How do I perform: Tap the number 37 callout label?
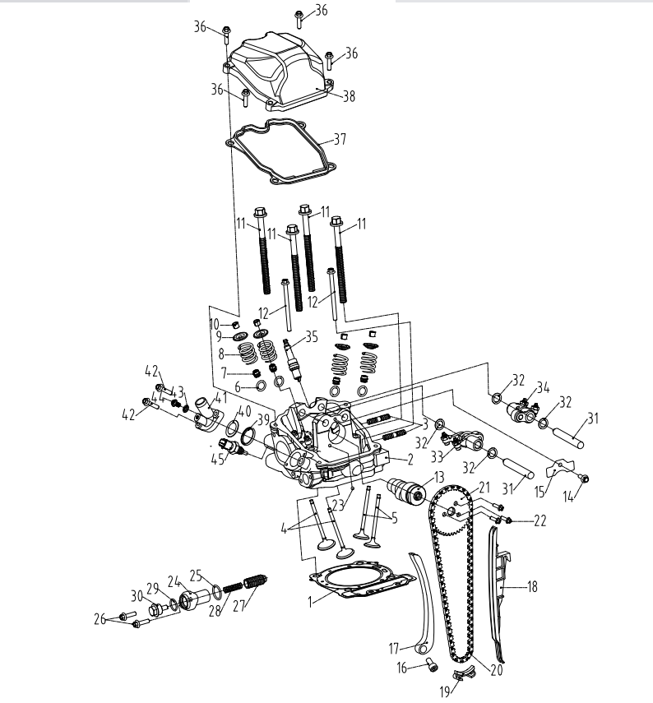(x=340, y=139)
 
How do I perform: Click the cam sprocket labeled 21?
(x=451, y=510)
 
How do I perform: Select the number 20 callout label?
(x=495, y=669)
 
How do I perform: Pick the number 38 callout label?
(x=349, y=96)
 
